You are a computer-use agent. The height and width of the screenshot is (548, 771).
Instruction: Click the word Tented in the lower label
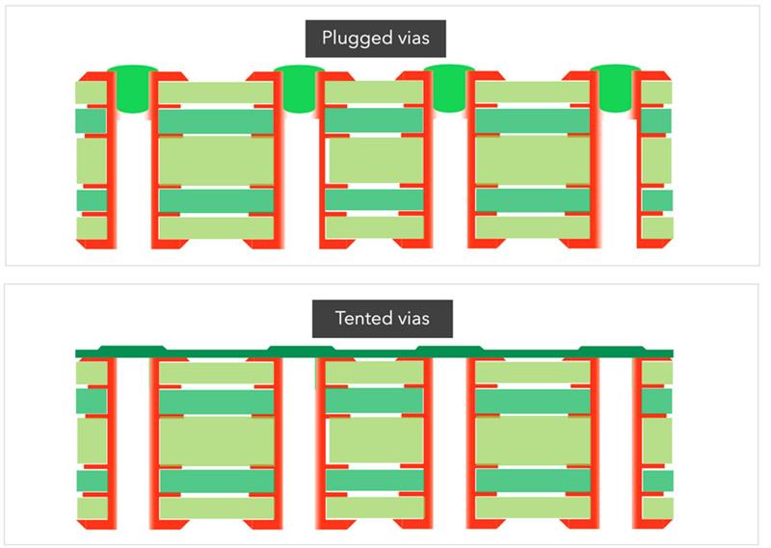[363, 318]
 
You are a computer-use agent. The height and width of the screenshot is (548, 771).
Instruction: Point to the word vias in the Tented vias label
[413, 319]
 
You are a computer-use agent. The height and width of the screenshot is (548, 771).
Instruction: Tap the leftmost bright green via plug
[133, 89]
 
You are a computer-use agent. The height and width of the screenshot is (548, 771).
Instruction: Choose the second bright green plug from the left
[299, 89]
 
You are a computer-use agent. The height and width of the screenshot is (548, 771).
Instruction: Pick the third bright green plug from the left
[449, 88]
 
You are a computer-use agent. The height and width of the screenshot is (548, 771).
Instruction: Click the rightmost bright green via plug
[615, 88]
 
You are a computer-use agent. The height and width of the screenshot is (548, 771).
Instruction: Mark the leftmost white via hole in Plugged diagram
[134, 181]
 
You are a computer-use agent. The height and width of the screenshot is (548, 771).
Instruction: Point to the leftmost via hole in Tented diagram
[134, 443]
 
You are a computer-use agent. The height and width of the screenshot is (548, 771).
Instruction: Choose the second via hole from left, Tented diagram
[299, 443]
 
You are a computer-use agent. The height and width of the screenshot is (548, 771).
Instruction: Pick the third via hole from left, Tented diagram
[450, 443]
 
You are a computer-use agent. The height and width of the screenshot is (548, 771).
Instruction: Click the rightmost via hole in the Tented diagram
[616, 443]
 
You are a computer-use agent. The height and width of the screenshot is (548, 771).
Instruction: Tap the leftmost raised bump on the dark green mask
[133, 348]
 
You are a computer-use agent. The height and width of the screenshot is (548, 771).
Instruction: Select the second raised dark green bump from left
[301, 348]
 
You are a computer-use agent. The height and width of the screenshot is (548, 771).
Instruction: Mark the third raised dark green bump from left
[450, 348]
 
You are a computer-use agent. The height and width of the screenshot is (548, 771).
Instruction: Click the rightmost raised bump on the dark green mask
[612, 348]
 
